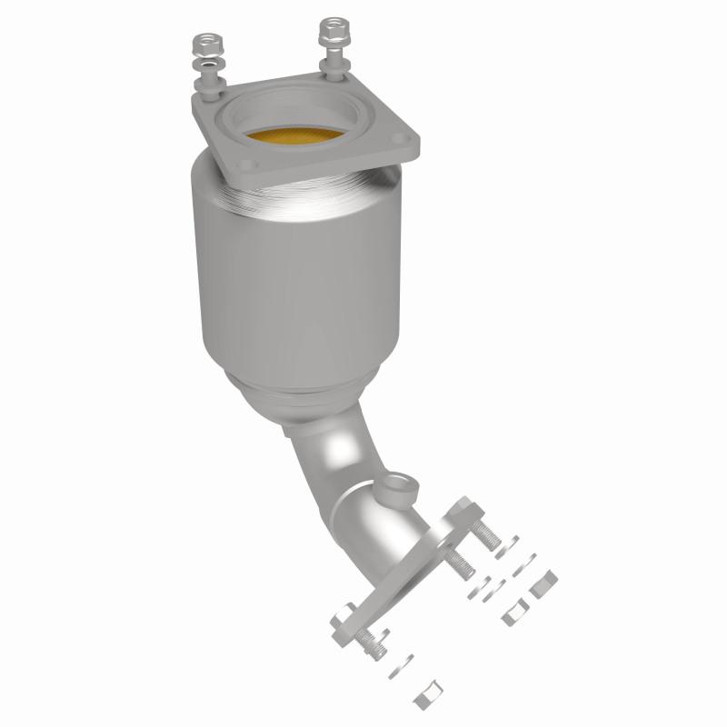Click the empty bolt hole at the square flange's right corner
[x=405, y=139]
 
